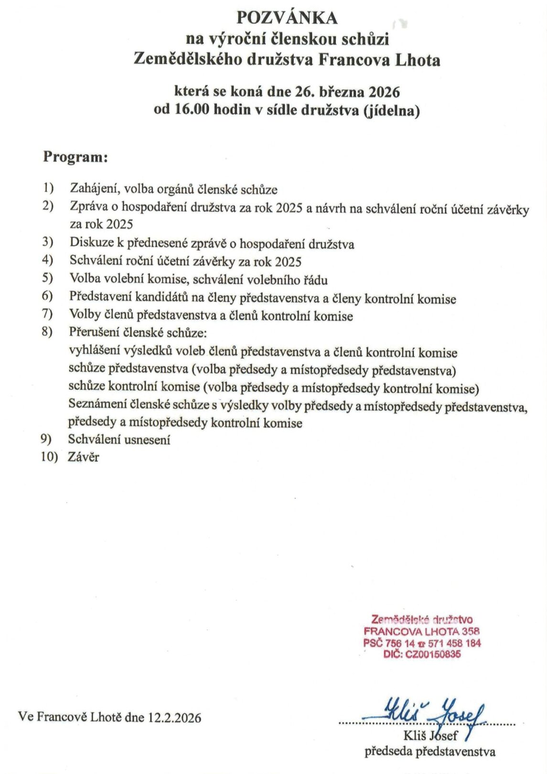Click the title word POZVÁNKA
click(287, 18)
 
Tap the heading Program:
click(75, 157)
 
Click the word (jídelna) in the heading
click(391, 110)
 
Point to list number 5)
click(47, 279)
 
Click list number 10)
click(49, 457)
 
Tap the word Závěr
click(84, 457)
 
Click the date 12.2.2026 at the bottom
click(175, 717)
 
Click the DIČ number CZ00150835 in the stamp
click(433, 654)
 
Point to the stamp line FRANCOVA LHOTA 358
click(422, 632)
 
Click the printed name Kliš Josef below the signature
click(430, 736)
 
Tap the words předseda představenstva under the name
click(430, 752)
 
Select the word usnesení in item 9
click(147, 440)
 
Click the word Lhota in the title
click(418, 60)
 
